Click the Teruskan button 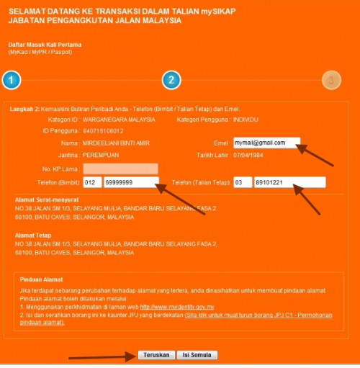[x=156, y=355]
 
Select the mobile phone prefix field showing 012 [x=92, y=182]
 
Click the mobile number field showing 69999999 [x=131, y=182]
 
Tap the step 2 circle [x=171, y=80]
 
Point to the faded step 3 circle [x=331, y=80]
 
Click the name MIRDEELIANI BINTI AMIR [x=116, y=143]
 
